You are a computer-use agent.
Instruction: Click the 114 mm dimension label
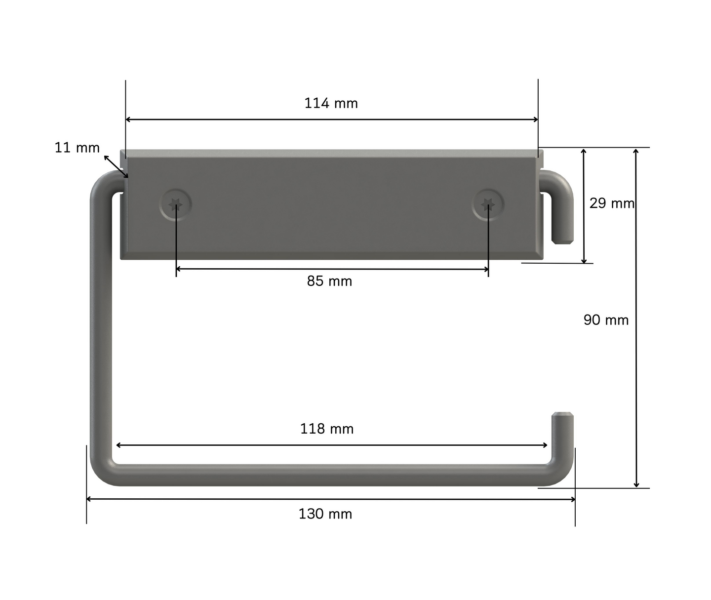coord(331,103)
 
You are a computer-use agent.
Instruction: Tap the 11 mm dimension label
coord(78,148)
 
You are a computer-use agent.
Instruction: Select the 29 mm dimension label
coord(612,203)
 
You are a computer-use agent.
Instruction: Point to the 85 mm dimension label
coord(329,281)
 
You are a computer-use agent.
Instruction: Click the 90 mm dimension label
coord(606,320)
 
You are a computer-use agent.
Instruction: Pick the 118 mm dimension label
coord(327,429)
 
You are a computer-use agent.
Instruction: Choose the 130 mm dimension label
coord(325,514)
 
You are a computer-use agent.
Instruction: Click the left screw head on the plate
coord(176,205)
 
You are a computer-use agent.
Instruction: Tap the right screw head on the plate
coord(488,205)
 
